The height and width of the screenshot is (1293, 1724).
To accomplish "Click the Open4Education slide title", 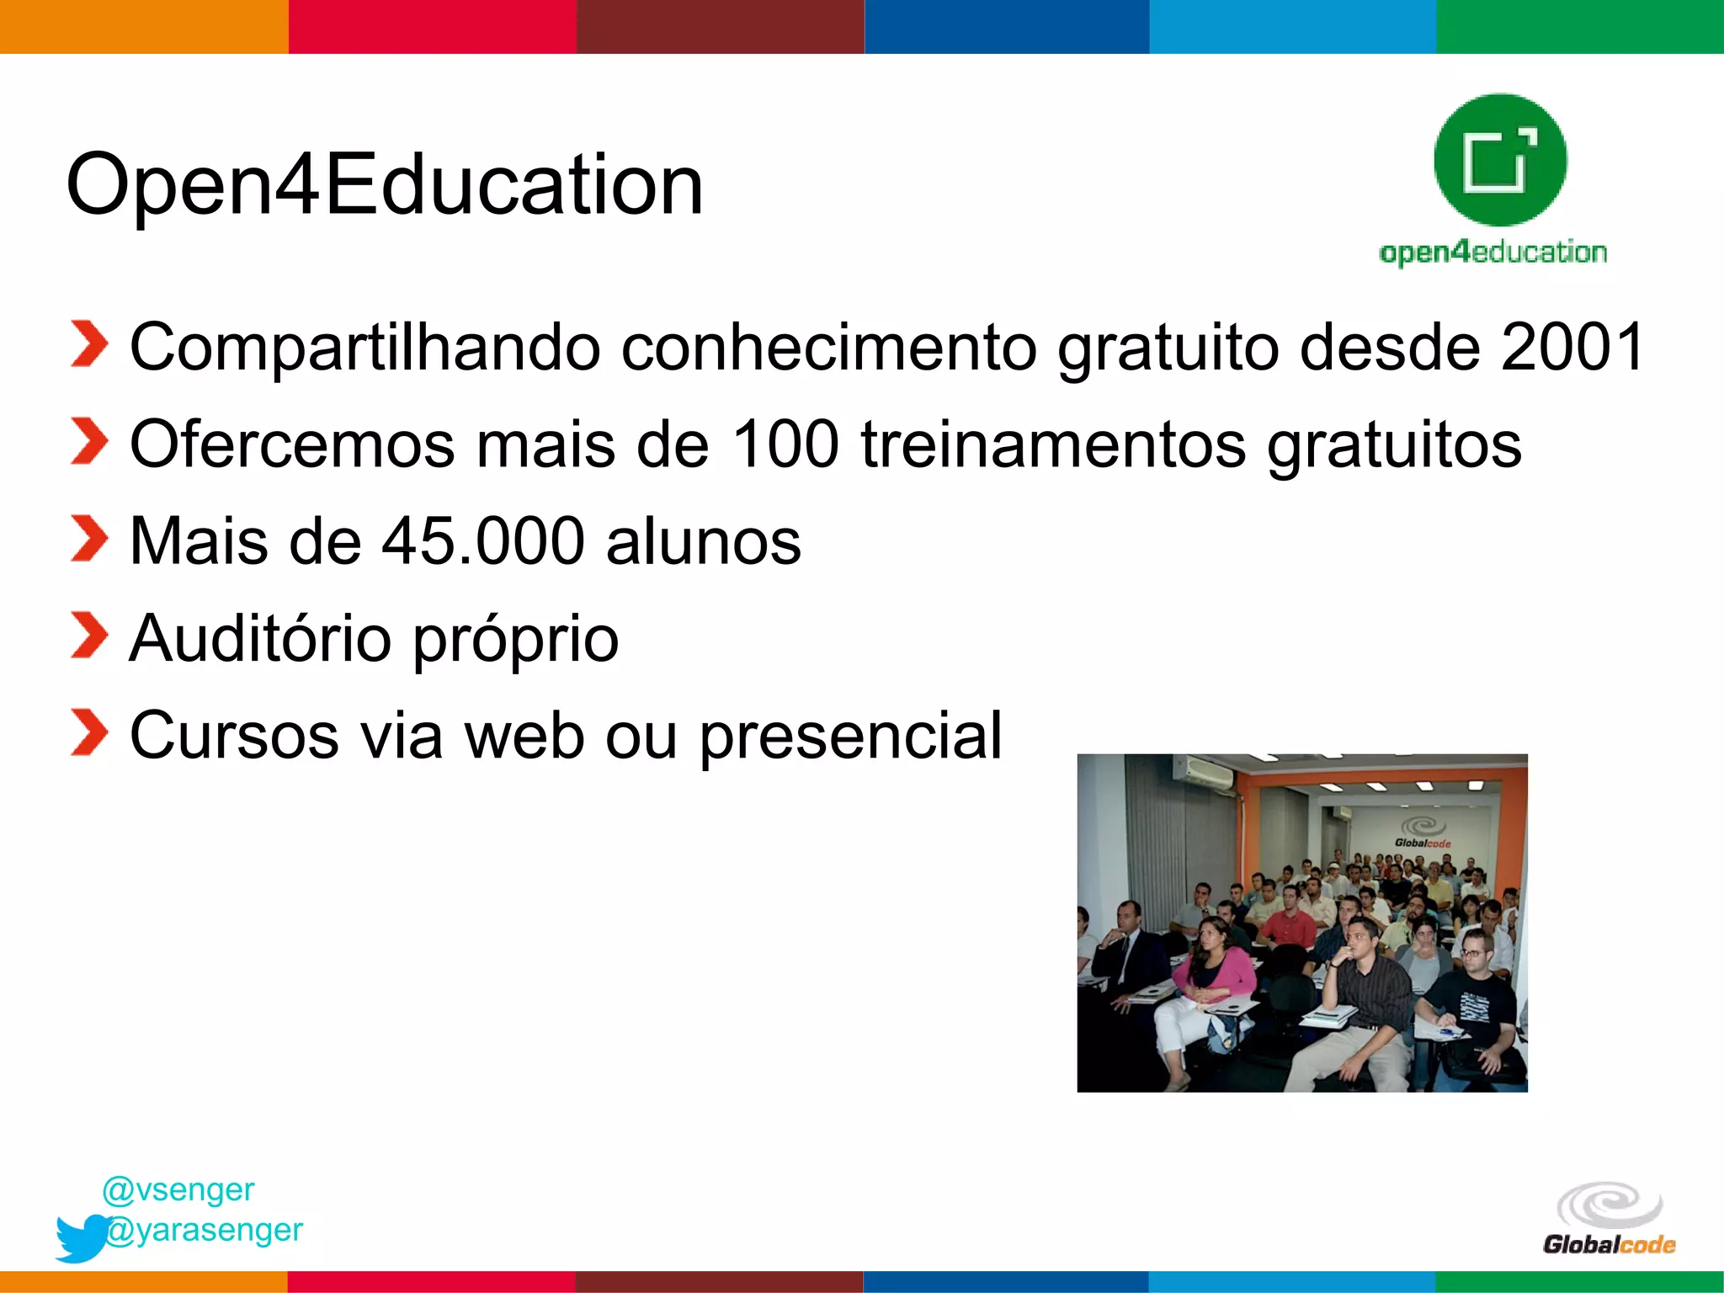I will click(x=384, y=185).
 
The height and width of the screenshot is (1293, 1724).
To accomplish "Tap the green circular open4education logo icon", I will click(x=1500, y=160).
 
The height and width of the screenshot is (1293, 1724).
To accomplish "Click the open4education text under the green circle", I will click(x=1493, y=253).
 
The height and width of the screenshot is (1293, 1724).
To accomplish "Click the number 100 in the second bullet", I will click(x=785, y=444).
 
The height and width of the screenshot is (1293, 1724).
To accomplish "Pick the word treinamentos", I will click(x=1052, y=444).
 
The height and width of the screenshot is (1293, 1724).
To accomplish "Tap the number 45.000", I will click(x=483, y=541).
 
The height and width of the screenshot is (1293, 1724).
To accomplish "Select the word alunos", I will click(x=703, y=541).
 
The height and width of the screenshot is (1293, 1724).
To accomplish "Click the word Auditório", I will click(x=261, y=638).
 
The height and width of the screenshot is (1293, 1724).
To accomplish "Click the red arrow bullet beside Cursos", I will click(x=89, y=732).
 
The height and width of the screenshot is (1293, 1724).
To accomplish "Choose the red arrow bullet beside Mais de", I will click(x=89, y=539).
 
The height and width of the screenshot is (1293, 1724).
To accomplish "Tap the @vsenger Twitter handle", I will click(x=178, y=1189).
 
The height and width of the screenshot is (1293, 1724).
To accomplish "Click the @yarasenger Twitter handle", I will click(x=205, y=1230).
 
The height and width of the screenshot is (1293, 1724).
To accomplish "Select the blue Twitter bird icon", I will click(x=81, y=1237).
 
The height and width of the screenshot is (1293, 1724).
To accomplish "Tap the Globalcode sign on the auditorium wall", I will click(x=1423, y=833).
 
